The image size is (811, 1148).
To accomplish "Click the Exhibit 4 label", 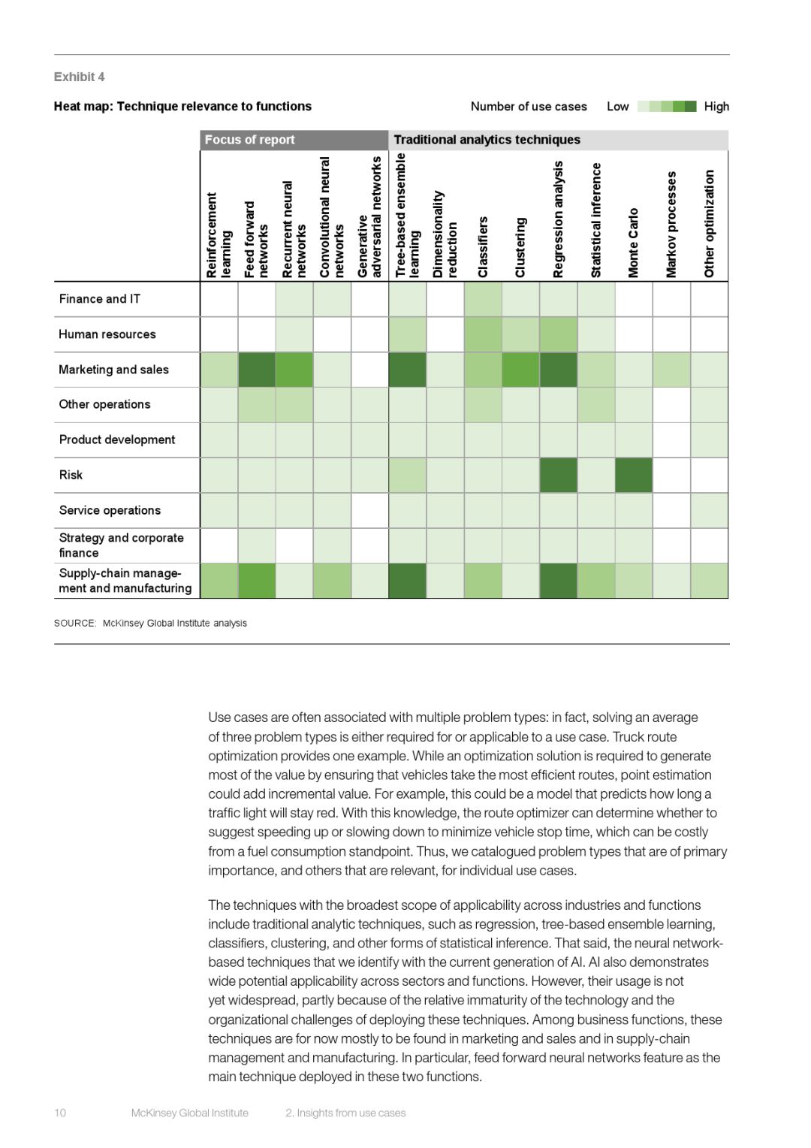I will click(79, 77).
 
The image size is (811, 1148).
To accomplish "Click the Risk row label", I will click(71, 475).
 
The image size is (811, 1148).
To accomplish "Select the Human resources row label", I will click(107, 334).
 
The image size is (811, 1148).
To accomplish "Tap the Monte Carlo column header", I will click(634, 242).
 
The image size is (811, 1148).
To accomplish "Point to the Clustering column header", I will click(520, 247).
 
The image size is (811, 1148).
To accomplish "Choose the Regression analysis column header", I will click(558, 219).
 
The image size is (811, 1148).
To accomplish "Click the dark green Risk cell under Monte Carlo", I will click(634, 475).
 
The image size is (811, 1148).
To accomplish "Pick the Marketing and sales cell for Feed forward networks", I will click(257, 370).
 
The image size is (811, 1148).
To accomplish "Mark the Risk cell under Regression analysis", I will click(559, 475).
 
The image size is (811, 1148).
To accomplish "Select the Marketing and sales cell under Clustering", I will click(520, 370).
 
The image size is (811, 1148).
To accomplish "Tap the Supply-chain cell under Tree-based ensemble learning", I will click(408, 581).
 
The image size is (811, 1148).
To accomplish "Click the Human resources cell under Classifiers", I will click(483, 334).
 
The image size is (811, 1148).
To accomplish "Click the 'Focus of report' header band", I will click(294, 140).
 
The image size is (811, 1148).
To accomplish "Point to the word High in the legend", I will click(716, 107).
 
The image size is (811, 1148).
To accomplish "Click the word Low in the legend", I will click(617, 107).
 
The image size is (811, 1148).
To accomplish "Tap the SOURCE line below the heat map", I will click(150, 623).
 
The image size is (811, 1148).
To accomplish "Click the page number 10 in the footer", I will click(60, 1113).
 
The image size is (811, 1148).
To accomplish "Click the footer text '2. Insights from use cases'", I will click(345, 1113).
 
